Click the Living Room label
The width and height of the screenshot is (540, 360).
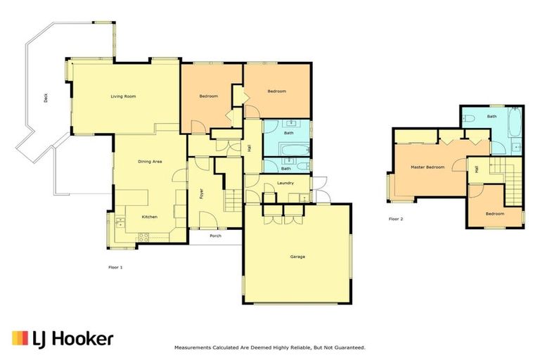coord(123,96)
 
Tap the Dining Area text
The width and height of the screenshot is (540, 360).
coord(149,162)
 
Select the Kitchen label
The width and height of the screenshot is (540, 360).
coord(149,217)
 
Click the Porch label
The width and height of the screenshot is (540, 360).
coord(215,236)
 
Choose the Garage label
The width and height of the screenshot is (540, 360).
coord(297,257)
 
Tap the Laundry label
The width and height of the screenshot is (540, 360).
coord(285,184)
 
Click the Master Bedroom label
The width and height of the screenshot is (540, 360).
coord(427,167)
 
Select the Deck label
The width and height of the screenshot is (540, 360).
coord(46,100)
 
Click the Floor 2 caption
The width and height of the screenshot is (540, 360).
coord(396,219)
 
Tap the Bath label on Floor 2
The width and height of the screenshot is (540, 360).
coord(491,117)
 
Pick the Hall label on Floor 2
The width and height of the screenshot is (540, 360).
coord(476,169)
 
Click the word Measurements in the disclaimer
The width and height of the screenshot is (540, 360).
coord(191,347)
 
